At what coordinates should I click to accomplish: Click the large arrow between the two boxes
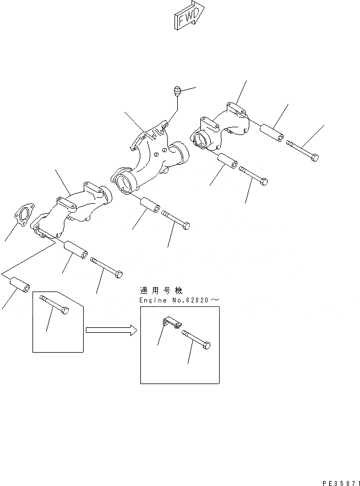(x=111, y=331)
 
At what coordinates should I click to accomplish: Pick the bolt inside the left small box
(x=55, y=305)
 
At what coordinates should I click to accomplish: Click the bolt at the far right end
(x=302, y=151)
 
